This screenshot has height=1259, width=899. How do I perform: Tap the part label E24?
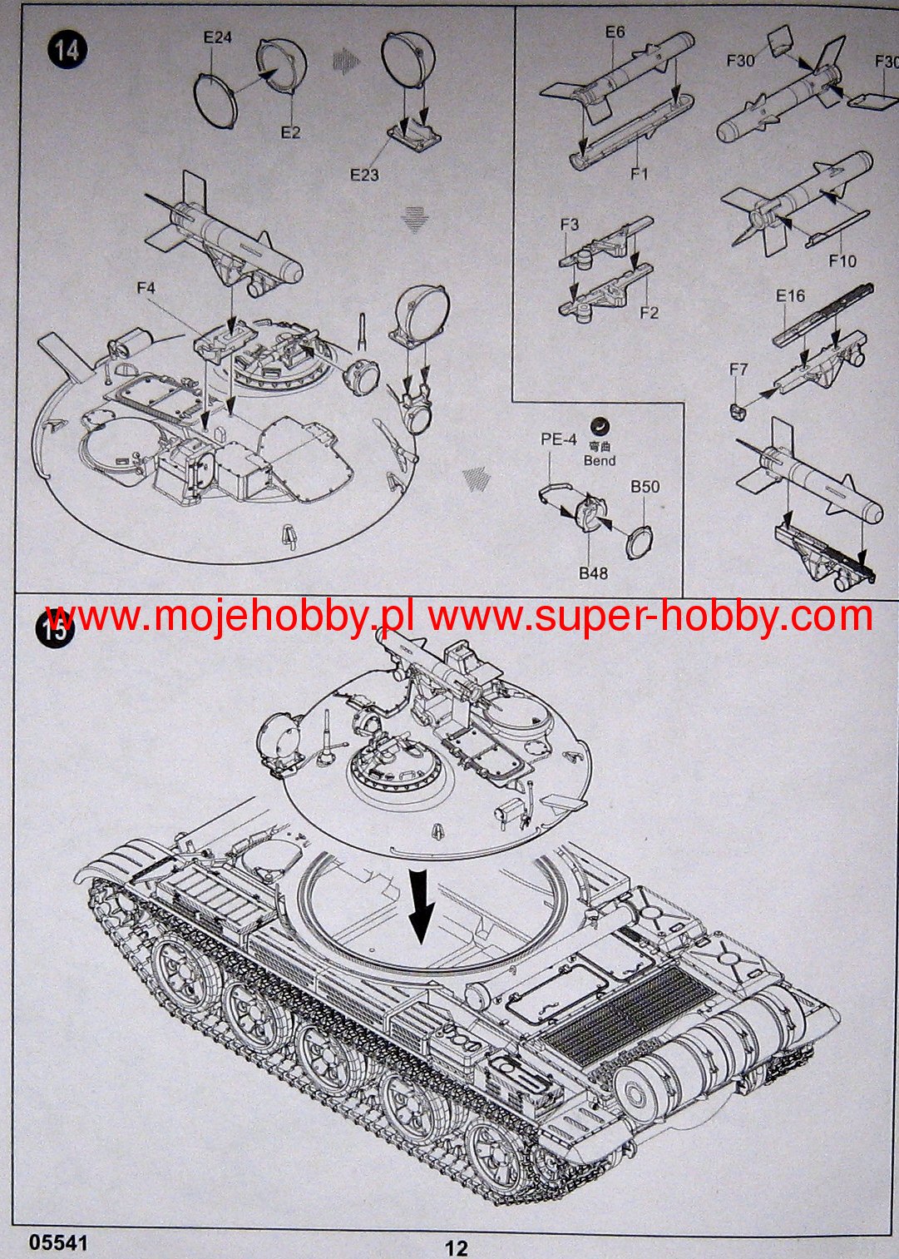[218, 37]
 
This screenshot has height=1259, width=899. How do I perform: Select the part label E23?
[364, 175]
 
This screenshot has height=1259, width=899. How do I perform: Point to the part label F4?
[146, 288]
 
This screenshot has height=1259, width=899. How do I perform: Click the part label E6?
[615, 32]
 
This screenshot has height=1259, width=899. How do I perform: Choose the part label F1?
[639, 174]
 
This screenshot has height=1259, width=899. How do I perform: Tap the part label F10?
[842, 260]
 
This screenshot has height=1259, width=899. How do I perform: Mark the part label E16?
[790, 296]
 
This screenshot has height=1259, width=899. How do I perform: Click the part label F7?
[738, 369]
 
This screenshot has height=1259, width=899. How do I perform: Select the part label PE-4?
[558, 439]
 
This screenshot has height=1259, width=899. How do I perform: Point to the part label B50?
[645, 487]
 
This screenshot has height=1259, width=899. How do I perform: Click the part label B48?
[593, 572]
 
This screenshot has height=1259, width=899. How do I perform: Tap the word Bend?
[600, 460]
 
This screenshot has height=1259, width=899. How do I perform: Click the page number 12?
[456, 1248]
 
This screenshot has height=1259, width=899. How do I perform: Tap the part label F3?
[570, 225]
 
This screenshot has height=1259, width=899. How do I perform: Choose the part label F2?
[649, 313]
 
